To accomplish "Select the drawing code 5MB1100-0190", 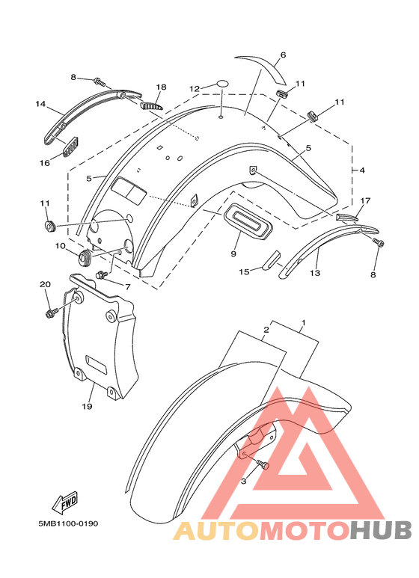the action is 68,523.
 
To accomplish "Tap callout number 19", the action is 87,406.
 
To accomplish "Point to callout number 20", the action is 46,284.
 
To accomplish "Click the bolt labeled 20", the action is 52,313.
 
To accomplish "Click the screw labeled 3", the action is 263,464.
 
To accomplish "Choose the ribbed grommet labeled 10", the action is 85,256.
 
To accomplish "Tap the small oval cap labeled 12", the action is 221,83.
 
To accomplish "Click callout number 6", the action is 283,55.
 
